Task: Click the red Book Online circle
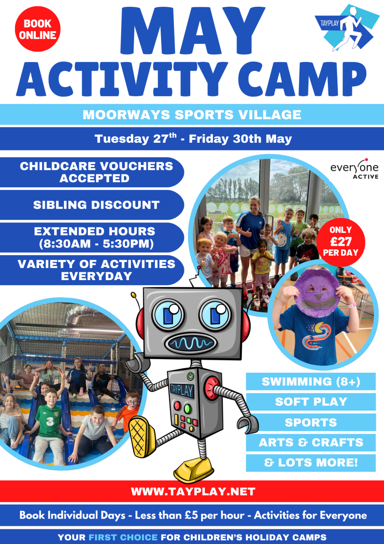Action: pyautogui.click(x=38, y=29)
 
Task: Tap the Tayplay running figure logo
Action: pyautogui.click(x=347, y=28)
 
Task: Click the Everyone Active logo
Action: pyautogui.click(x=355, y=169)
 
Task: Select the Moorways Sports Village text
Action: pyautogui.click(x=192, y=115)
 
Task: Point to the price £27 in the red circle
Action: pyautogui.click(x=341, y=241)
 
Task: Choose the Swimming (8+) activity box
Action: pyautogui.click(x=311, y=381)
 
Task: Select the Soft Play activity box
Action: pyautogui.click(x=311, y=402)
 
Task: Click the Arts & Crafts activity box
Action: pyautogui.click(x=311, y=442)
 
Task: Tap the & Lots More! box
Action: pyautogui.click(x=311, y=463)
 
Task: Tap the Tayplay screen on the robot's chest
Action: pyautogui.click(x=182, y=390)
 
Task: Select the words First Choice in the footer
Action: pyautogui.click(x=123, y=537)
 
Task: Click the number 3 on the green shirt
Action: pyautogui.click(x=49, y=421)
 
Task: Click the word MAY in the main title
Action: pyautogui.click(x=192, y=30)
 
